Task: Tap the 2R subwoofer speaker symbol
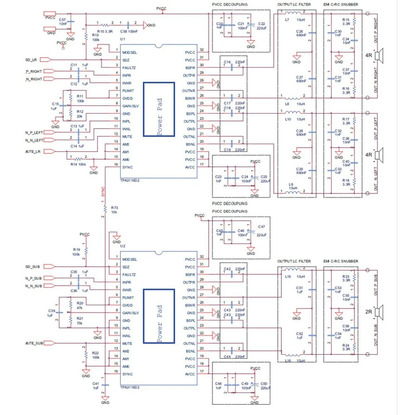click(378, 311)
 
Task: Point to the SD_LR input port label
click(31, 59)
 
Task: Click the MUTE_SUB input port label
click(34, 343)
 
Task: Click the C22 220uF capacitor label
click(261, 26)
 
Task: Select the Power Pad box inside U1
click(159, 109)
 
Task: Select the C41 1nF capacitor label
click(96, 386)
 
